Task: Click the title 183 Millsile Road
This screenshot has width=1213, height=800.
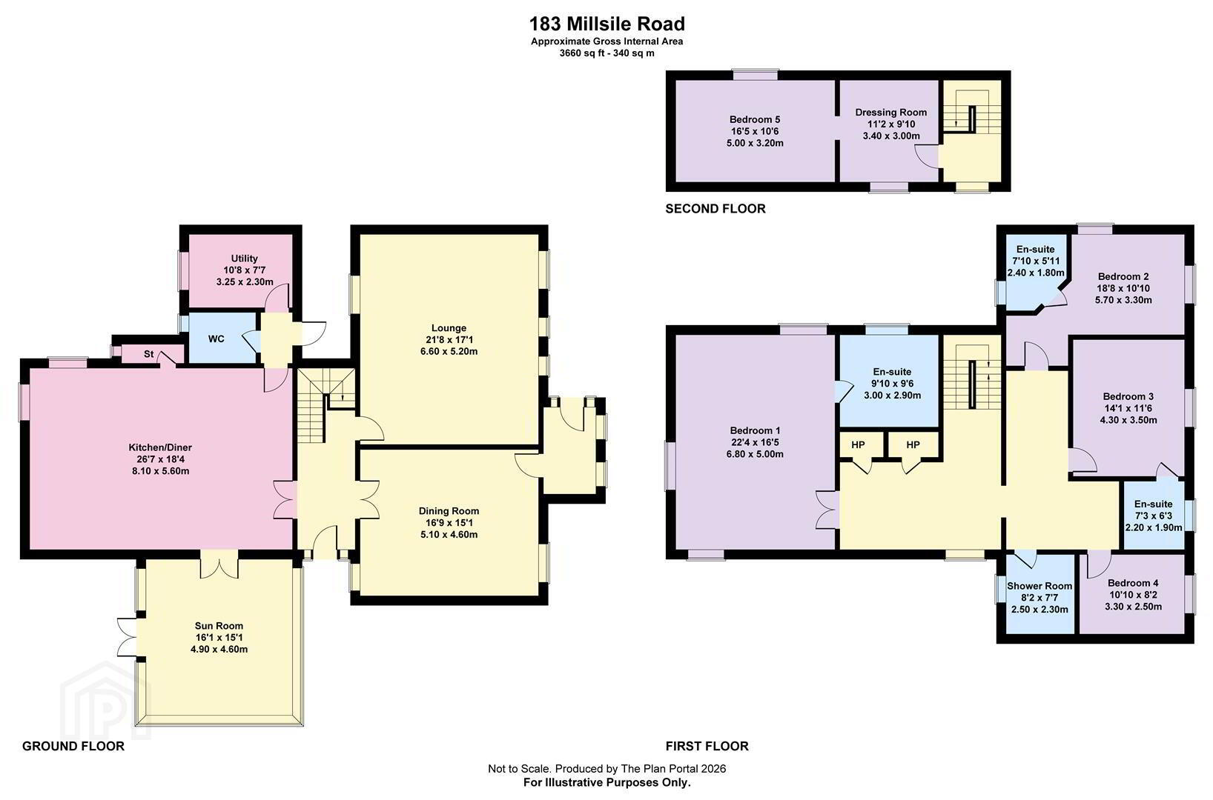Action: (606, 24)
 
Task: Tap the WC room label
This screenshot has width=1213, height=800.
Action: (216, 339)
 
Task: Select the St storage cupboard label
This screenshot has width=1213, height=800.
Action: (149, 354)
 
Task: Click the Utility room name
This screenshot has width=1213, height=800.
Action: (244, 259)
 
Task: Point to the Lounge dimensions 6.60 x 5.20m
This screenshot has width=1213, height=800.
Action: (449, 352)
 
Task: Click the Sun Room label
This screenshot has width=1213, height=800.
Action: (219, 626)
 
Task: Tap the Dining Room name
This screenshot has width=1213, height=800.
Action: (449, 511)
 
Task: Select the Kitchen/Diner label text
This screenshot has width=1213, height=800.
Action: (160, 448)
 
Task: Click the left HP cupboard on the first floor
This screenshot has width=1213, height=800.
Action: (859, 445)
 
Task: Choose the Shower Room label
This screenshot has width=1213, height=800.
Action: (1040, 586)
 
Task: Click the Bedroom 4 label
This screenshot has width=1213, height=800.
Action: (1133, 583)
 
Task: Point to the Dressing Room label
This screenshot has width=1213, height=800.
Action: (890, 113)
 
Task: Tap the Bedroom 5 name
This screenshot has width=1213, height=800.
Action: (755, 119)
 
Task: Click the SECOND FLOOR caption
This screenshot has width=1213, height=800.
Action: (715, 209)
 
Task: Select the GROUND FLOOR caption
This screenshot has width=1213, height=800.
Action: (73, 747)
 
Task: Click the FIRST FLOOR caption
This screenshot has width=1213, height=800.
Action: (707, 747)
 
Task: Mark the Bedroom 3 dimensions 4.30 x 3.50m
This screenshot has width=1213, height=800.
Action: (1128, 420)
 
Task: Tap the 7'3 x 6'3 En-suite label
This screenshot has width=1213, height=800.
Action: (1154, 516)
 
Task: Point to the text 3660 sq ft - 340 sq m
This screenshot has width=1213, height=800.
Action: (606, 53)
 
